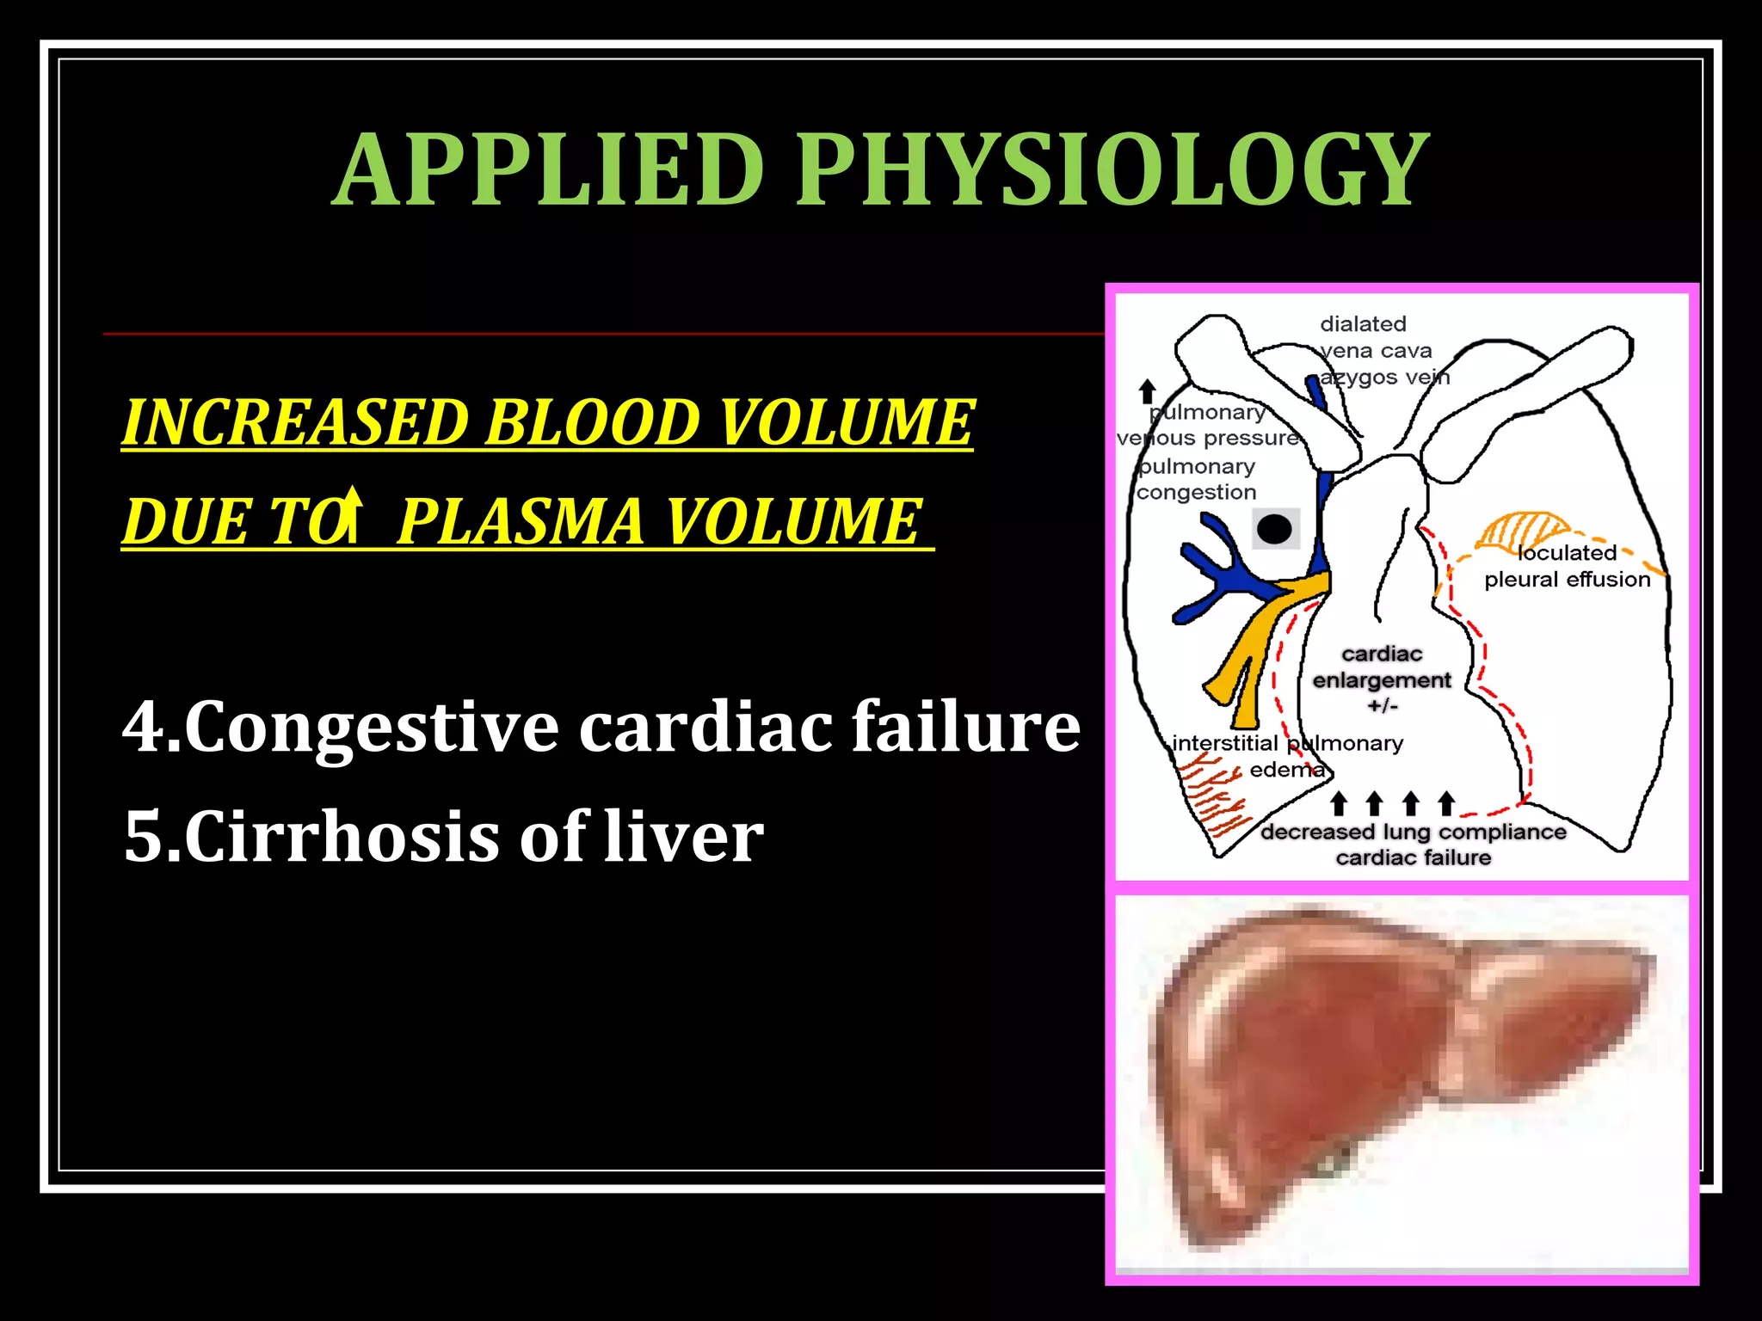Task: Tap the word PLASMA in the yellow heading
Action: pyautogui.click(x=520, y=521)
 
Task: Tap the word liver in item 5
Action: pyautogui.click(x=683, y=836)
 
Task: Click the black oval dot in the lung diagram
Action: pyautogui.click(x=1274, y=528)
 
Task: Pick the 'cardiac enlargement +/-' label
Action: pyautogui.click(x=1382, y=679)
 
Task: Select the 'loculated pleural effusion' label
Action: pyautogui.click(x=1567, y=566)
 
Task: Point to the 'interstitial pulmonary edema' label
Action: pyautogui.click(x=1287, y=755)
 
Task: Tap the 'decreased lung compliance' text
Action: pyautogui.click(x=1413, y=832)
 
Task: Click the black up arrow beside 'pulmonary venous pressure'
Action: pyautogui.click(x=1147, y=391)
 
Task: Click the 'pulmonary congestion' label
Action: pyautogui.click(x=1197, y=479)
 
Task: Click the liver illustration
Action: pyautogui.click(x=1394, y=1075)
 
